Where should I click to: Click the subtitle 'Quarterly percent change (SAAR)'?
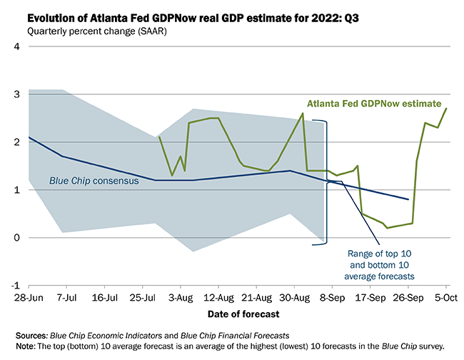[x=94, y=31]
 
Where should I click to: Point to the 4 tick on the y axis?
[x=16, y=46]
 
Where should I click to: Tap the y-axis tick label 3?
[x=16, y=94]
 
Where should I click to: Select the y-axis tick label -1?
[x=15, y=285]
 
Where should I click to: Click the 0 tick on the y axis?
[x=16, y=237]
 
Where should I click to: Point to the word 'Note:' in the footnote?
[x=27, y=346]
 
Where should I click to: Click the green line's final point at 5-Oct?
[x=447, y=109]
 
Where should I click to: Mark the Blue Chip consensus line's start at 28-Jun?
[x=29, y=137]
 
